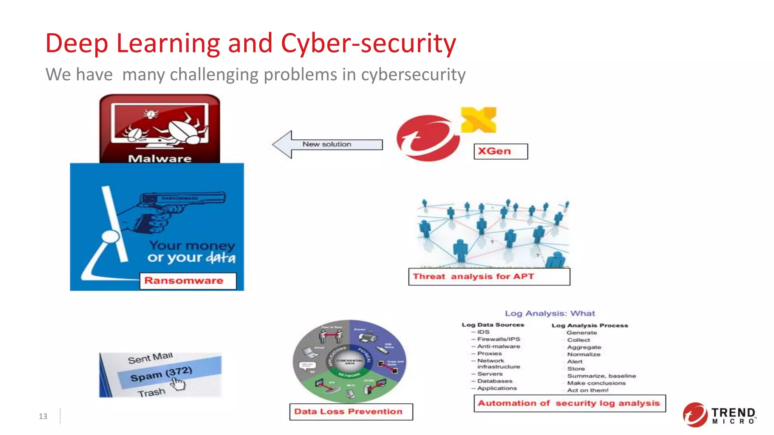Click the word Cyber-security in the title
pyautogui.click(x=368, y=43)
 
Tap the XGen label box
pyautogui.click(x=500, y=151)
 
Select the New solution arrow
pyautogui.click(x=327, y=145)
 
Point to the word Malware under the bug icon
pyautogui.click(x=159, y=159)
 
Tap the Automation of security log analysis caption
pyautogui.click(x=569, y=403)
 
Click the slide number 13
pyautogui.click(x=43, y=416)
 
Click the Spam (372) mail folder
pyautogui.click(x=161, y=374)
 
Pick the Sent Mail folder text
pyautogui.click(x=150, y=358)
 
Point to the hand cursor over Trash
pyautogui.click(x=178, y=384)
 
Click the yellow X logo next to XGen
pyautogui.click(x=478, y=120)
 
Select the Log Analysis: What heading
pyautogui.click(x=550, y=313)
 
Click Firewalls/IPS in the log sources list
pyautogui.click(x=498, y=339)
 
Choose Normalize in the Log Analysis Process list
pyautogui.click(x=584, y=354)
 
